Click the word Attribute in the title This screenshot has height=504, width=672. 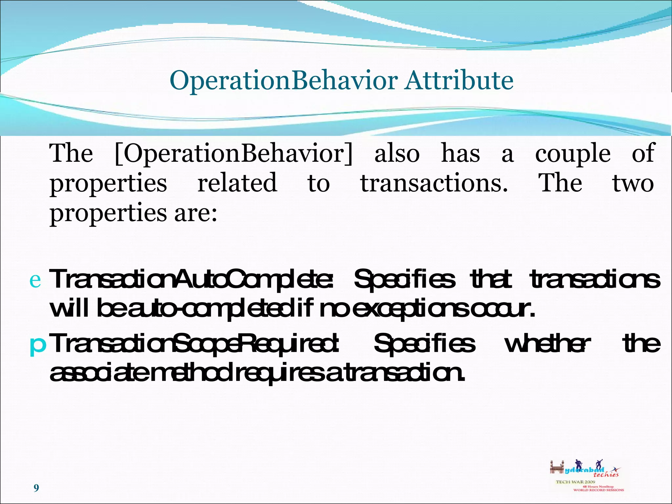459,80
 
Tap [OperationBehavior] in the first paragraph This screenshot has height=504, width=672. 234,154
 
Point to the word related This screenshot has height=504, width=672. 237,183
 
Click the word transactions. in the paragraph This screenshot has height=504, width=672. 434,183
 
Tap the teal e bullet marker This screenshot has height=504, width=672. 35,280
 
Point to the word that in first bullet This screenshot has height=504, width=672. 491,279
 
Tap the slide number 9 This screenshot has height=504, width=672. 36,488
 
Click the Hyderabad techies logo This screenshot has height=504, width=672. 584,469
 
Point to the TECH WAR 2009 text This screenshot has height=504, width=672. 575,482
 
